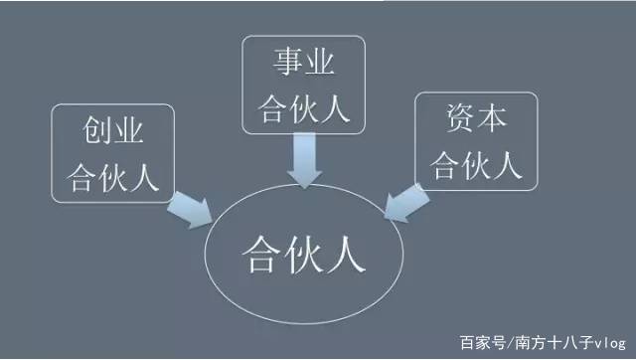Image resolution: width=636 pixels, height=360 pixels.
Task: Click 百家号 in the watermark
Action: coord(482,342)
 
